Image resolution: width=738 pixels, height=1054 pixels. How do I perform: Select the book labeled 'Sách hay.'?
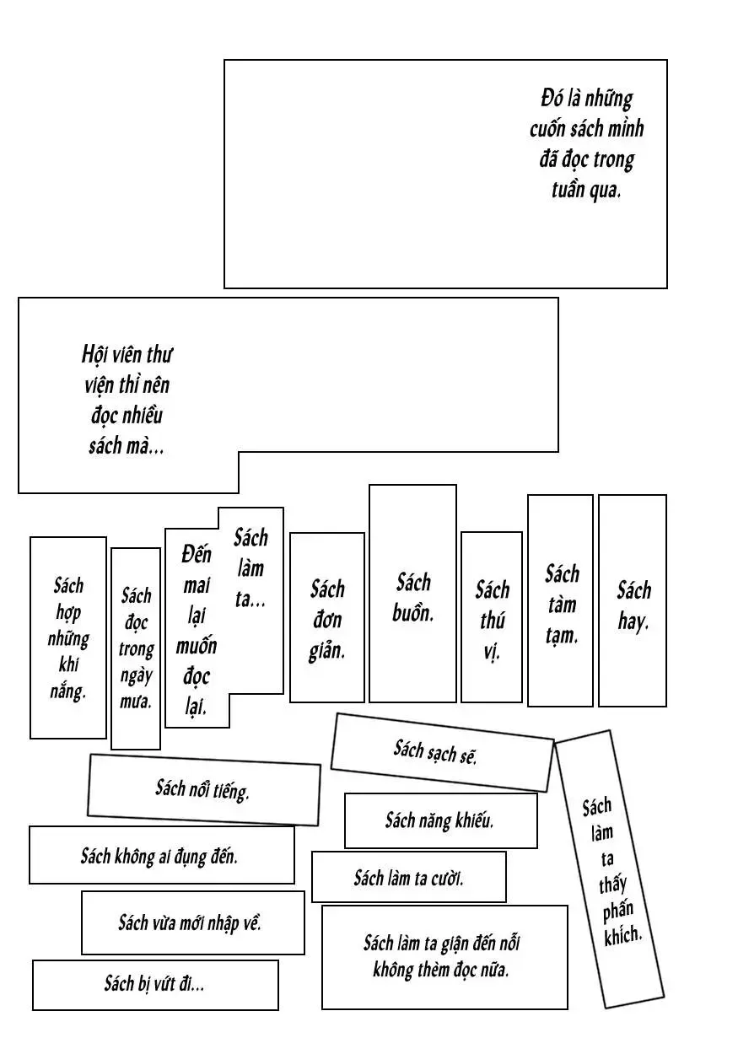pyautogui.click(x=633, y=605)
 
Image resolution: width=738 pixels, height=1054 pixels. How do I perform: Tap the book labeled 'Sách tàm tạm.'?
pyautogui.click(x=561, y=604)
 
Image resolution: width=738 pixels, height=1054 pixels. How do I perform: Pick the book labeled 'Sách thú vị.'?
pyautogui.click(x=492, y=620)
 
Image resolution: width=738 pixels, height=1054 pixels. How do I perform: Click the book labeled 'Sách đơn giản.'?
pyautogui.click(x=327, y=620)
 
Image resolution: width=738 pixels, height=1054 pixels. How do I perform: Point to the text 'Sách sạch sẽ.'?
pyautogui.click(x=435, y=750)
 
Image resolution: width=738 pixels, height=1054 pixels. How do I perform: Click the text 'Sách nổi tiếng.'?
pyautogui.click(x=202, y=789)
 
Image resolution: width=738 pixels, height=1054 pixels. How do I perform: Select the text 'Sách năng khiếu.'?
pyautogui.click(x=439, y=820)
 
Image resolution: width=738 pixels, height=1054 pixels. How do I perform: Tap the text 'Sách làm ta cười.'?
pyautogui.click(x=408, y=878)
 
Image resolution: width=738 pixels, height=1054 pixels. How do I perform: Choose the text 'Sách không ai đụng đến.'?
pyautogui.click(x=159, y=857)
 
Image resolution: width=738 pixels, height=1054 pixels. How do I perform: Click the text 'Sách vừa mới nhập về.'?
pyautogui.click(x=190, y=922)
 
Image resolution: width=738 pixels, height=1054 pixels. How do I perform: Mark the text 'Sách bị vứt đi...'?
pyautogui.click(x=154, y=983)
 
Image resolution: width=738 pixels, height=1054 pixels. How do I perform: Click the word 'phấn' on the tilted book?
pyautogui.click(x=617, y=911)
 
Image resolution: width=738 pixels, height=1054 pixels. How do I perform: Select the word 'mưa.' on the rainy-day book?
pyautogui.click(x=136, y=701)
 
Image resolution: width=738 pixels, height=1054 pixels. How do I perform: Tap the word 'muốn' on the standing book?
pyautogui.click(x=197, y=646)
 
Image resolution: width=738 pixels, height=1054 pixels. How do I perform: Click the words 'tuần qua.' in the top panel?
pyautogui.click(x=585, y=190)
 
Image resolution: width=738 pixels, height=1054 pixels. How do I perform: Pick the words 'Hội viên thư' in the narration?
pyautogui.click(x=127, y=353)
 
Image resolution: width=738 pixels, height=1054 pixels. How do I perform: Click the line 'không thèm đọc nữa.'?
pyautogui.click(x=441, y=970)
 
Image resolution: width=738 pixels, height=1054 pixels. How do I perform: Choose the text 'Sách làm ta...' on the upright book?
pyautogui.click(x=250, y=567)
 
